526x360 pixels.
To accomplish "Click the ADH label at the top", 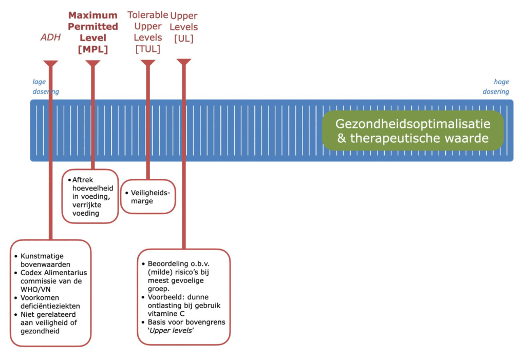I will (x=51, y=37).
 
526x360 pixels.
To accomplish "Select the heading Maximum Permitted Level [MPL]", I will (x=93, y=32).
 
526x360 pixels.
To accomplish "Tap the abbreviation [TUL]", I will (x=147, y=49).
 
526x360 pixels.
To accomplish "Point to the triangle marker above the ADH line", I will (x=51, y=64).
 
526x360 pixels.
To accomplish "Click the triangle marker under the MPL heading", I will (x=93, y=64).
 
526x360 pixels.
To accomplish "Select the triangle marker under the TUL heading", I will (x=148, y=63).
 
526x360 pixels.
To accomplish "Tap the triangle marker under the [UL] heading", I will (x=184, y=62).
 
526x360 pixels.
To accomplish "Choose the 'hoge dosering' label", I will (x=496, y=87).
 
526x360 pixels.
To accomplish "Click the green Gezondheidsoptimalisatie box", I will (x=412, y=131).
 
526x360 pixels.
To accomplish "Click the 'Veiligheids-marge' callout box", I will (x=148, y=197).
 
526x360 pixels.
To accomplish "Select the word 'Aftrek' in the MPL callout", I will (x=83, y=180).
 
